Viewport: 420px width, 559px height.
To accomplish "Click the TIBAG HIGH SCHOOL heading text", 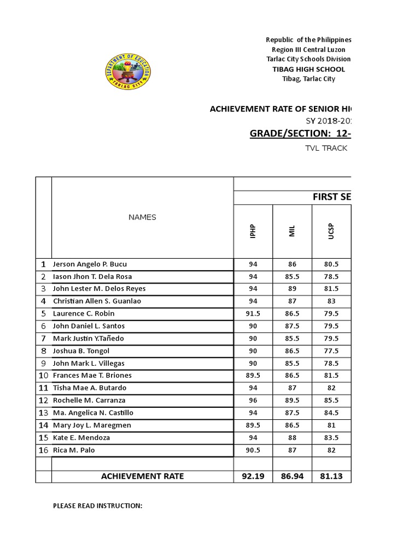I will click(x=308, y=69).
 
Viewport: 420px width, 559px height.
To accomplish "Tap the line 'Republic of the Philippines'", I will click(x=308, y=40).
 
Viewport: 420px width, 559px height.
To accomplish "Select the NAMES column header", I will click(x=142, y=217).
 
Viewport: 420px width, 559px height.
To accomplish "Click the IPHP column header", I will click(x=253, y=231).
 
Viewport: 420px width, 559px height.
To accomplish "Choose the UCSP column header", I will click(x=331, y=231).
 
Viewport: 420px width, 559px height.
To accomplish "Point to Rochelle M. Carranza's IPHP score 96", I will click(x=253, y=400).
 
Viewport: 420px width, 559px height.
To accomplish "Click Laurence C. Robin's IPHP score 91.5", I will click(x=253, y=314).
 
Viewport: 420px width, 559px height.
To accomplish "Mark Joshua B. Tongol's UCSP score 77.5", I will click(x=331, y=351).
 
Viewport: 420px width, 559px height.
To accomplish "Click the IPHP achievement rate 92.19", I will click(x=253, y=476).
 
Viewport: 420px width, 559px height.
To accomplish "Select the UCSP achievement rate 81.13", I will click(x=331, y=476).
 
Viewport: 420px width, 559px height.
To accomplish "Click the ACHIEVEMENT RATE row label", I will click(x=142, y=476).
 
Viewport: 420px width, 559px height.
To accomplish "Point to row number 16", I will click(x=43, y=450).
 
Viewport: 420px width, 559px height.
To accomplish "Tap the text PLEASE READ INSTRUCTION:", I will click(x=97, y=506).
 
